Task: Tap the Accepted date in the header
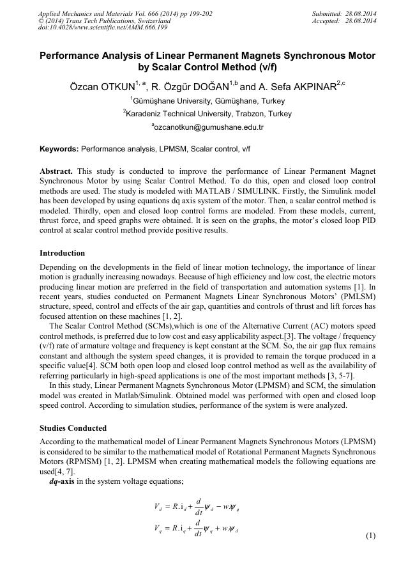pyautogui.click(x=361, y=20)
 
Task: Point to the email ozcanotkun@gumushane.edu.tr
pyautogui.click(x=208, y=127)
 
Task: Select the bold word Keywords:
pyautogui.click(x=59, y=148)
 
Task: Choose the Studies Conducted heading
pyautogui.click(x=73, y=428)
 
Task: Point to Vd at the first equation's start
pyautogui.click(x=158, y=507)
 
